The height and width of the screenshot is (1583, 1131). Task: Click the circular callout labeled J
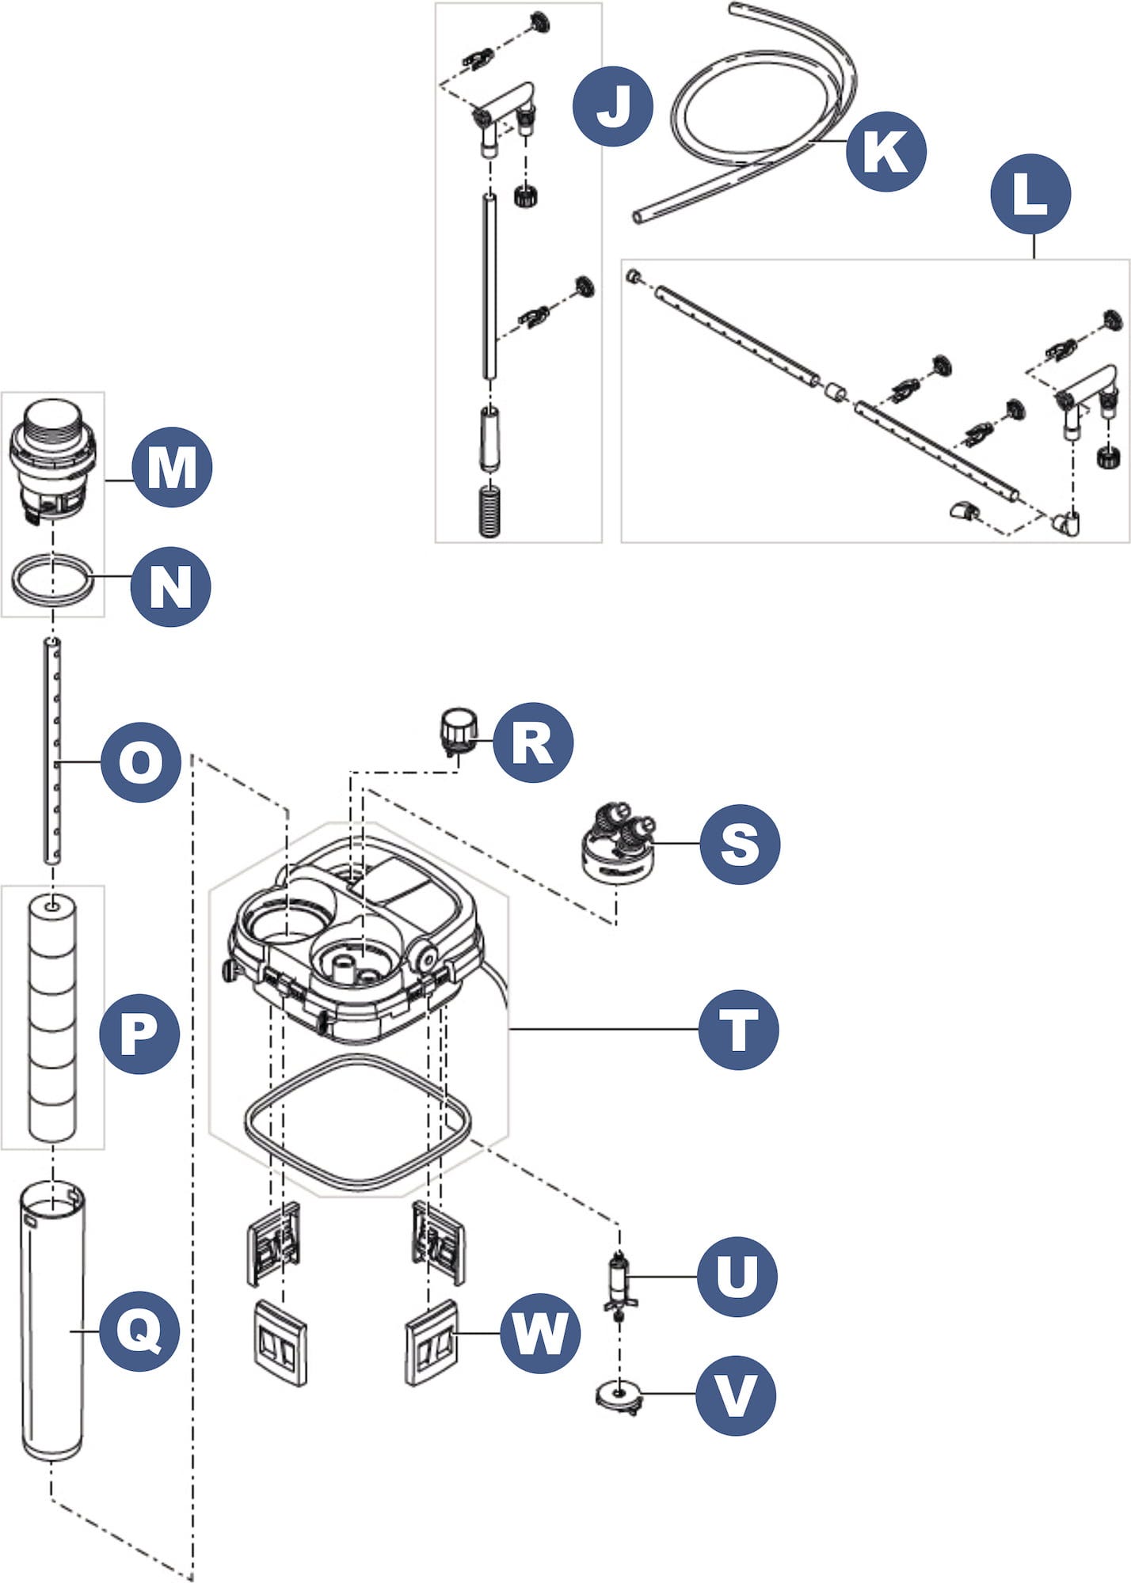(x=613, y=106)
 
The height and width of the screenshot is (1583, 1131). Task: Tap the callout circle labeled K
(x=885, y=151)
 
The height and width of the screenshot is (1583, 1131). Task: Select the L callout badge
(x=1030, y=194)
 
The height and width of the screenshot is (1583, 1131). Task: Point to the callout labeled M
(x=172, y=467)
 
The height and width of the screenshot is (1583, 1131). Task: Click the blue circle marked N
(x=170, y=587)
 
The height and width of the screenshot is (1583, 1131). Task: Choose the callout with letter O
(x=141, y=762)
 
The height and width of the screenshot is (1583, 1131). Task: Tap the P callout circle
(x=139, y=1034)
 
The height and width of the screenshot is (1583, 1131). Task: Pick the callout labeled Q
(x=139, y=1331)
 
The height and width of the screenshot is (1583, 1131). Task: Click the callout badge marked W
(x=540, y=1334)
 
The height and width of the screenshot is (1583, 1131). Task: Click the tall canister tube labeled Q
(x=52, y=1322)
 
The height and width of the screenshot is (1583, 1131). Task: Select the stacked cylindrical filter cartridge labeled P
(x=52, y=1017)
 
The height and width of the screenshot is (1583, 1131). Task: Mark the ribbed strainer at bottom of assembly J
(x=490, y=511)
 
